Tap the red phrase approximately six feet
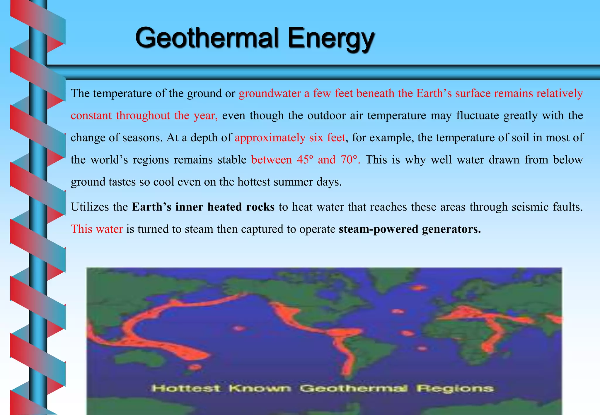tap(290, 138)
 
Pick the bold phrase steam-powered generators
tap(410, 229)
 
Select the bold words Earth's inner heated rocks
tap(203, 207)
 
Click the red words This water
tap(97, 229)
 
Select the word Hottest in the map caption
tap(186, 389)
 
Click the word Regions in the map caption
tap(455, 389)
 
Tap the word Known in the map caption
tap(260, 389)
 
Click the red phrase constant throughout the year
tap(144, 116)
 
